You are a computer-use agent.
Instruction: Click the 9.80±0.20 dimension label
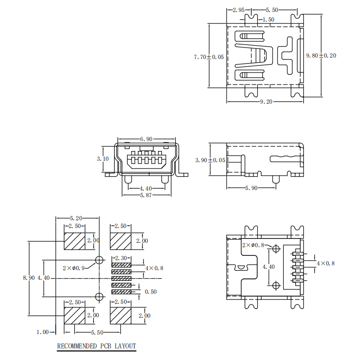pyautogui.click(x=321, y=56)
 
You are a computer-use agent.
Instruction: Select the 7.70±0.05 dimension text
pyautogui.click(x=209, y=57)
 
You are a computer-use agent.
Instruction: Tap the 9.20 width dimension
pyautogui.click(x=266, y=102)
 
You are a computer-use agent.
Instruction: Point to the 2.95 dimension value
pyautogui.click(x=239, y=10)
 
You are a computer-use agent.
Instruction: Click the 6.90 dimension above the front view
pyautogui.click(x=146, y=139)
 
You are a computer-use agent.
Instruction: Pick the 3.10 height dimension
pyautogui.click(x=103, y=158)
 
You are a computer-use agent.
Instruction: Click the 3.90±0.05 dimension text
pyautogui.click(x=210, y=160)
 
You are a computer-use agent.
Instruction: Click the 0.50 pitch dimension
pyautogui.click(x=151, y=291)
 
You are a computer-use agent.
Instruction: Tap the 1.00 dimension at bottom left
pyautogui.click(x=43, y=332)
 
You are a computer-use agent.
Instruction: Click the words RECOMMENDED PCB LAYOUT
pyautogui.click(x=96, y=346)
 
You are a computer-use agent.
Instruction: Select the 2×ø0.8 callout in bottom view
pyautogui.click(x=253, y=245)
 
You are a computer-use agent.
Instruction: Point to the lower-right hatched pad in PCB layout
pyautogui.click(x=121, y=316)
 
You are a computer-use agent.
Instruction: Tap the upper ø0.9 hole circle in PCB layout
pyautogui.click(x=99, y=260)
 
